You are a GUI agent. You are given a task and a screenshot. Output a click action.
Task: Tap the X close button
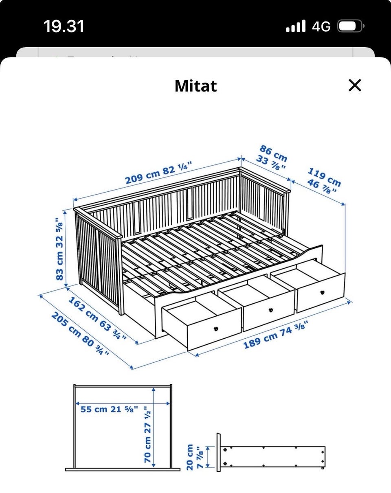pyautogui.click(x=355, y=85)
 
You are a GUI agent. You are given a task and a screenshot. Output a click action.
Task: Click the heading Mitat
pyautogui.click(x=196, y=86)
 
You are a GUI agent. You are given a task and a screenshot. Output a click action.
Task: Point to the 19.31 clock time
pyautogui.click(x=64, y=26)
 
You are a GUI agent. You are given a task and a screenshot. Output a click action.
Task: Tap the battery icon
pyautogui.click(x=351, y=26)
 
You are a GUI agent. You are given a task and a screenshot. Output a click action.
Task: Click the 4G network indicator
pyautogui.click(x=321, y=26)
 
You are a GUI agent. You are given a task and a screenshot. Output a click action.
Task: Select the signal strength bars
pyautogui.click(x=296, y=26)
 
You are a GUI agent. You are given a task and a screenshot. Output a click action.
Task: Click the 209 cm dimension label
pyautogui.click(x=142, y=177)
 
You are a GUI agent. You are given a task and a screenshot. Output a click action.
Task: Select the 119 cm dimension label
pyautogui.click(x=324, y=177)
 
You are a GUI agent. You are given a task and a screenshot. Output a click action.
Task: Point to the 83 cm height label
pyautogui.click(x=59, y=266)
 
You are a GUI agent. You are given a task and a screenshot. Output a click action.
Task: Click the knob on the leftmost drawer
pyautogui.click(x=216, y=329)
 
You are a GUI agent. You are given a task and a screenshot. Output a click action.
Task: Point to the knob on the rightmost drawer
pyautogui.click(x=322, y=292)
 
